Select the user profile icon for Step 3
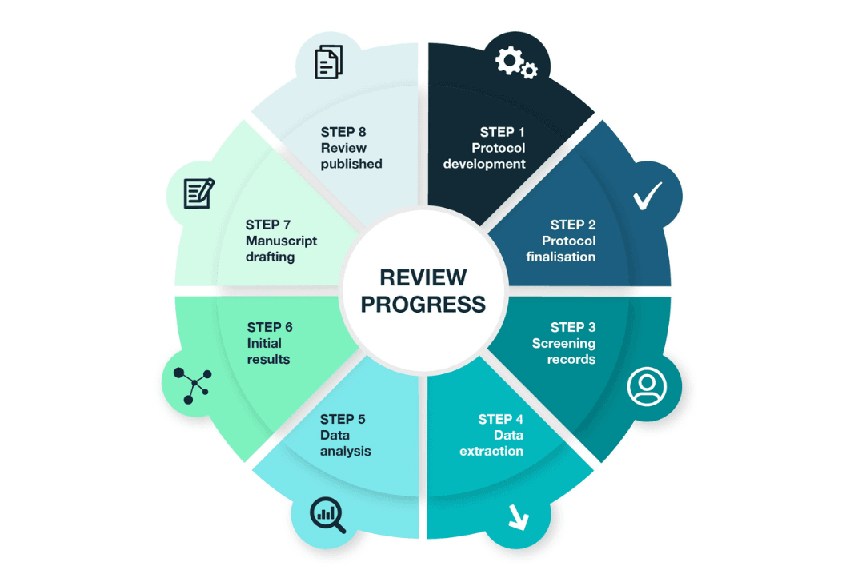coord(647,387)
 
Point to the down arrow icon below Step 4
coord(518,518)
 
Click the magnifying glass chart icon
coord(328,515)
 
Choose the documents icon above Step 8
coord(328,62)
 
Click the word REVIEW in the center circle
coord(423,277)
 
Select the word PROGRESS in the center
coord(423,304)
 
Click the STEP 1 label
coord(503,132)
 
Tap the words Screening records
coord(563,351)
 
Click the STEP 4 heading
coord(500,420)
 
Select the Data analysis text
coord(345,443)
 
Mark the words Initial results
coord(269,351)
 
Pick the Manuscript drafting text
coord(281,249)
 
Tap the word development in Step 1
coord(484,164)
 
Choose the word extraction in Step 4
coord(491,451)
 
